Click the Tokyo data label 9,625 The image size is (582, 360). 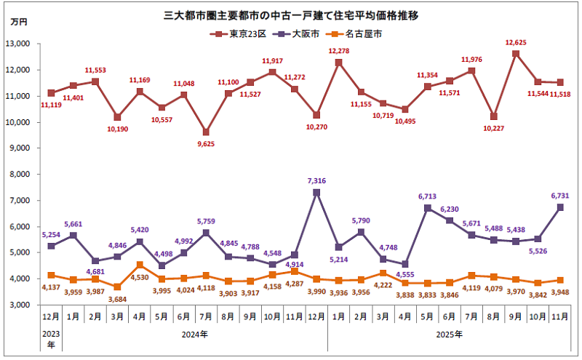point(206,144)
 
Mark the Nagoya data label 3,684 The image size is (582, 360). point(118,298)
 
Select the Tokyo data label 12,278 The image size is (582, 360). point(339,51)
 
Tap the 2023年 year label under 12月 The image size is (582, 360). point(50,340)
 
